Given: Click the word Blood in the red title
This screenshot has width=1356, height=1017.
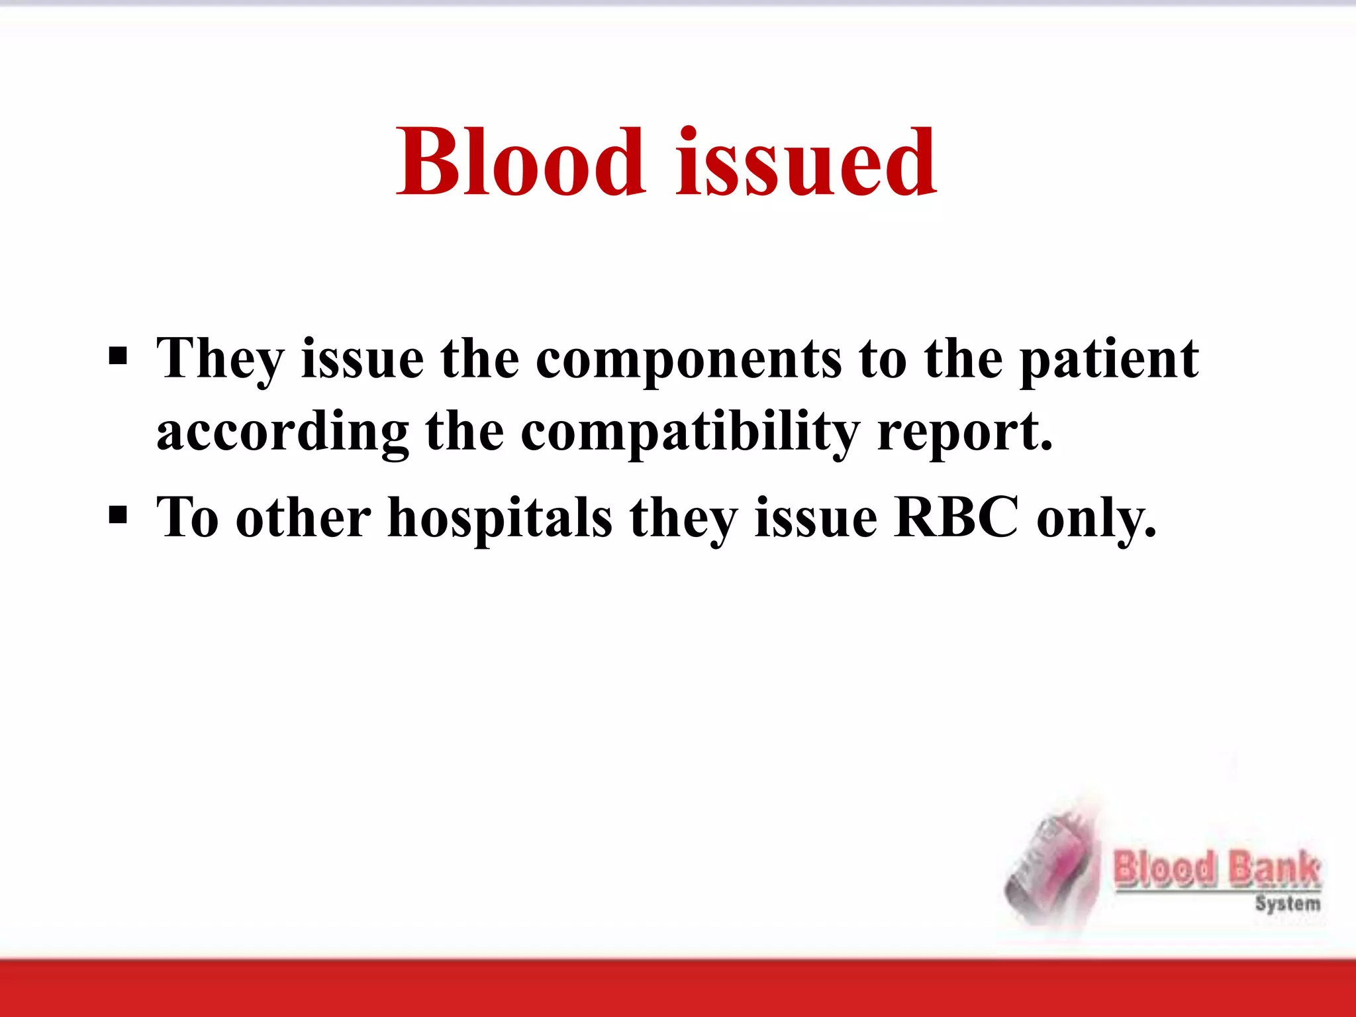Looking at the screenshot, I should click(x=520, y=162).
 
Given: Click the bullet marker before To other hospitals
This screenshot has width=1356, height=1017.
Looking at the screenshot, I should click(x=118, y=515).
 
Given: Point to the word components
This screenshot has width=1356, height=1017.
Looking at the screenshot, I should click(x=689, y=361).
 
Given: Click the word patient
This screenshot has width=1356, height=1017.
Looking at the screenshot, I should click(x=1108, y=361).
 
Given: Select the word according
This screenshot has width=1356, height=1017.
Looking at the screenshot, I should click(x=283, y=434).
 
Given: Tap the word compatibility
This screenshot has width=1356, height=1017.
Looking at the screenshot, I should click(x=690, y=434).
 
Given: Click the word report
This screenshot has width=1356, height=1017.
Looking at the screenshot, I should click(x=964, y=434).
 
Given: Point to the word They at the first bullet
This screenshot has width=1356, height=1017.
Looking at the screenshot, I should click(x=220, y=361).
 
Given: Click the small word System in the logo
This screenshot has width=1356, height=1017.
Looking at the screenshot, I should click(x=1287, y=904).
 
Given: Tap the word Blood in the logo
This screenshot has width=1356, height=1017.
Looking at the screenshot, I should click(x=1165, y=869).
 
